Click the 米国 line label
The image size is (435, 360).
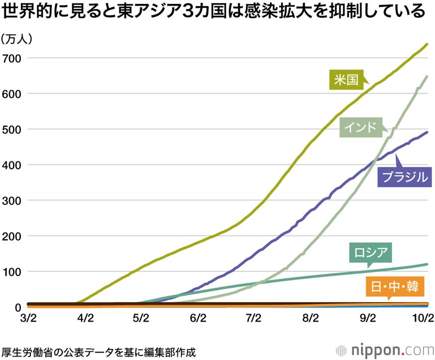pos(346,79)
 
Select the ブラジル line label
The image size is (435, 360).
pos(404,176)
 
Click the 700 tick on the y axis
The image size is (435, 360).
pos(12,58)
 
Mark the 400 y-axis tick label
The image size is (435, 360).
pos(12,165)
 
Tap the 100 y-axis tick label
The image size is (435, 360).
pos(12,272)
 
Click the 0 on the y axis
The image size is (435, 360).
pos(17,307)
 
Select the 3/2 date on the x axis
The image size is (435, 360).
pos(28,318)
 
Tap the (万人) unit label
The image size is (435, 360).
pos(16,39)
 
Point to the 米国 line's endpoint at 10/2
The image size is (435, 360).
pos(427,44)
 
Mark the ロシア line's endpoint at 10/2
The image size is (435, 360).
pos(427,264)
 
